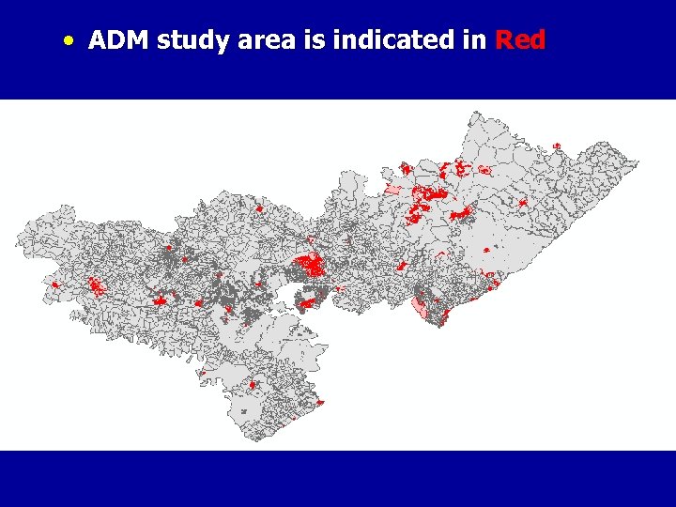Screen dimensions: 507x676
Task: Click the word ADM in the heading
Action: (x=119, y=40)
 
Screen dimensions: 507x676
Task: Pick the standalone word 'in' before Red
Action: (x=477, y=40)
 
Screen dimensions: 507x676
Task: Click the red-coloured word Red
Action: (x=519, y=40)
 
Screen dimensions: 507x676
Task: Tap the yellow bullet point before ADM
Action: (x=69, y=41)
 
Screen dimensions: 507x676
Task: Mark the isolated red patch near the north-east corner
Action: (x=556, y=146)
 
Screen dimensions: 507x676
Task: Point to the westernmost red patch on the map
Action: (x=55, y=284)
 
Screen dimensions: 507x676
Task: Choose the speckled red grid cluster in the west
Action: (x=96, y=284)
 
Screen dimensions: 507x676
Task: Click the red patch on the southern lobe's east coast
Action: (x=319, y=403)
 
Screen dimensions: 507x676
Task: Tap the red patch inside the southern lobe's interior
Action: (x=252, y=384)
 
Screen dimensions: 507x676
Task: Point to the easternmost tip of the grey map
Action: (x=638, y=162)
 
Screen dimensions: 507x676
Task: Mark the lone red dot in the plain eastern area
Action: (x=485, y=250)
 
